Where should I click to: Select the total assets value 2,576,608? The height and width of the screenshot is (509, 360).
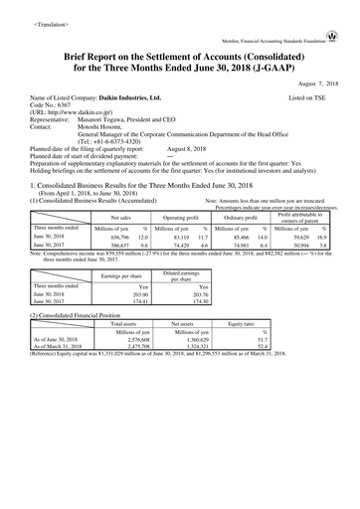point(123,367)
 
